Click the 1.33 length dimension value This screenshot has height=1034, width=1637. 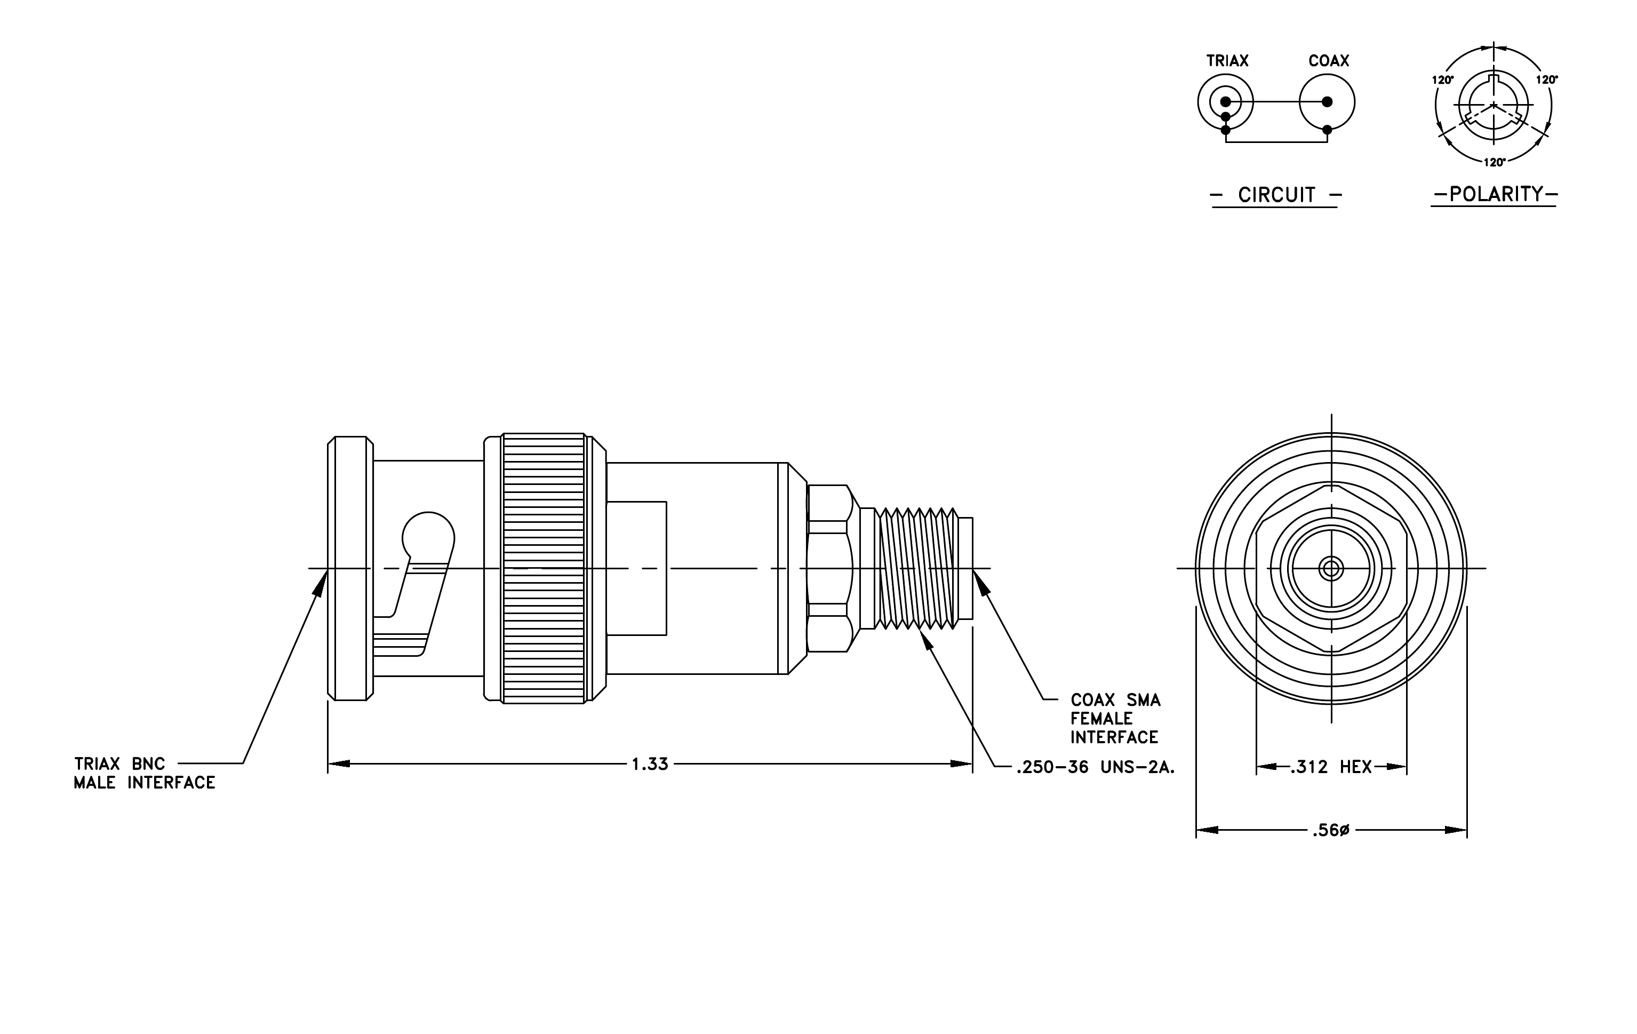point(650,764)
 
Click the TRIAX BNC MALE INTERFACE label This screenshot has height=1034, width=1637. point(144,773)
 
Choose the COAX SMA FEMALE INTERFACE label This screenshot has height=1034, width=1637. point(1115,719)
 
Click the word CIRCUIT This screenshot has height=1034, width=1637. point(1277,195)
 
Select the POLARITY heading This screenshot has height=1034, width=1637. point(1496,194)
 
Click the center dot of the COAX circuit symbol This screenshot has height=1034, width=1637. point(1327,102)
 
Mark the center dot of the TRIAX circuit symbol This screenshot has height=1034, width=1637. point(1226,102)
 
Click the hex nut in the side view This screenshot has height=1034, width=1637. point(829,568)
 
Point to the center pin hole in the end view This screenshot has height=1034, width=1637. point(1331,568)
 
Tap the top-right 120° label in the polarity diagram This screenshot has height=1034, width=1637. point(1546,79)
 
